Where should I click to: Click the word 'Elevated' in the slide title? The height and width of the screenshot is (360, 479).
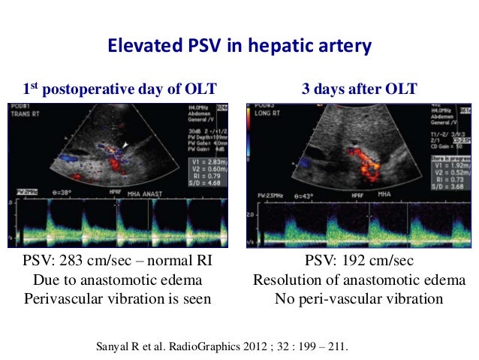pos(140,47)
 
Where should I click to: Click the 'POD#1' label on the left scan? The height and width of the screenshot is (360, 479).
pos(19,106)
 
